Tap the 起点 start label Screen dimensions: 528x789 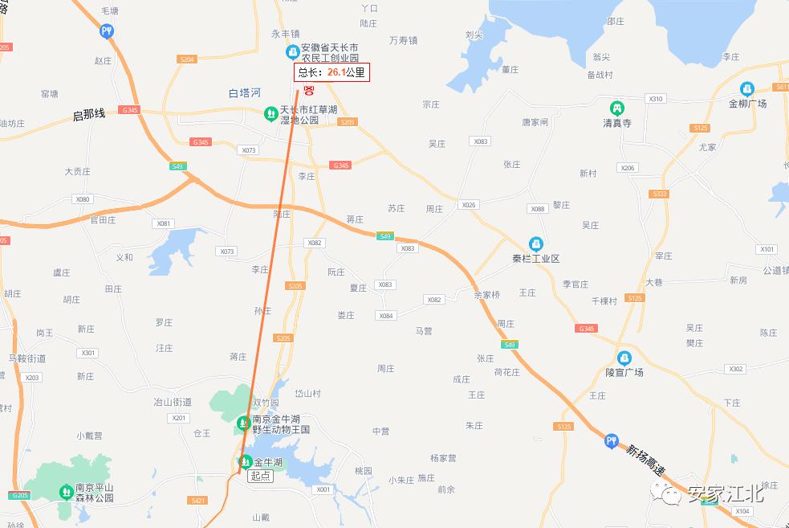click(x=260, y=476)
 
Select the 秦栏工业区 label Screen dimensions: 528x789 click(x=535, y=259)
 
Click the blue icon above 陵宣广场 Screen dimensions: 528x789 click(x=624, y=358)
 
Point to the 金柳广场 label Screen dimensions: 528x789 click(x=747, y=104)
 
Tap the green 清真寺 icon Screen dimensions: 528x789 click(x=616, y=108)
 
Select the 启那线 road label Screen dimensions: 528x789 click(x=89, y=115)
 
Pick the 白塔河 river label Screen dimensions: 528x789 click(x=245, y=93)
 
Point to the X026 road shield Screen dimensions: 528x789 click(x=469, y=205)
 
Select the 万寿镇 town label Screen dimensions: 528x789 click(x=403, y=40)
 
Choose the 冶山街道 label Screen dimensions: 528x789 click(x=173, y=401)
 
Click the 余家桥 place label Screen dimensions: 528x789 click(x=486, y=295)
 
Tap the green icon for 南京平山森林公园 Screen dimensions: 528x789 click(x=66, y=491)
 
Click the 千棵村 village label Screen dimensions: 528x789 click(x=604, y=301)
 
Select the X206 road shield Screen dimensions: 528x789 click(x=628, y=168)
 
